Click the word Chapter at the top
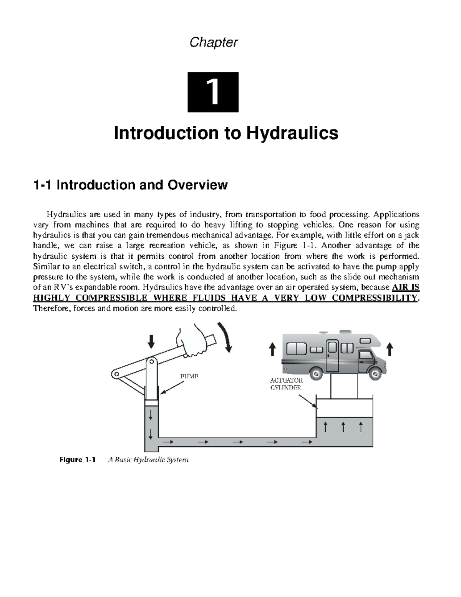[x=214, y=43]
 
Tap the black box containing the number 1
[x=213, y=92]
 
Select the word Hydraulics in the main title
[x=292, y=133]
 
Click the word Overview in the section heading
[x=198, y=185]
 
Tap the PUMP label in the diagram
[x=189, y=376]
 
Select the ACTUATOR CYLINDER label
[x=286, y=384]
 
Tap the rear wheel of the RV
[x=316, y=374]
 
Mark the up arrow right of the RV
[x=390, y=349]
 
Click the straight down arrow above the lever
[x=151, y=341]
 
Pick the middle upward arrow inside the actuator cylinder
[x=343, y=427]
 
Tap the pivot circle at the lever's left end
[x=116, y=374]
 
